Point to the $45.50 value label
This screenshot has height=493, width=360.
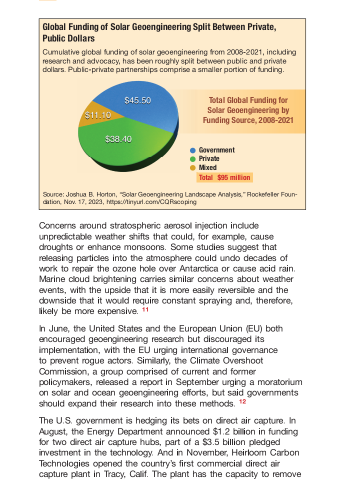[137, 100]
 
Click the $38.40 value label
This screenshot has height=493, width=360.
[118, 139]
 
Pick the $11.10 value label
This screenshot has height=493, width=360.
[97, 115]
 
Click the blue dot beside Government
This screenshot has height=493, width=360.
[192, 150]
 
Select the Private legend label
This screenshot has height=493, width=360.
[209, 158]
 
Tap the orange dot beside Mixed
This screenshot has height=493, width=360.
[192, 167]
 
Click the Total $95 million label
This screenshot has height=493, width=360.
[224, 177]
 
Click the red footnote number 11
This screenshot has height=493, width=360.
[145, 310]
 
